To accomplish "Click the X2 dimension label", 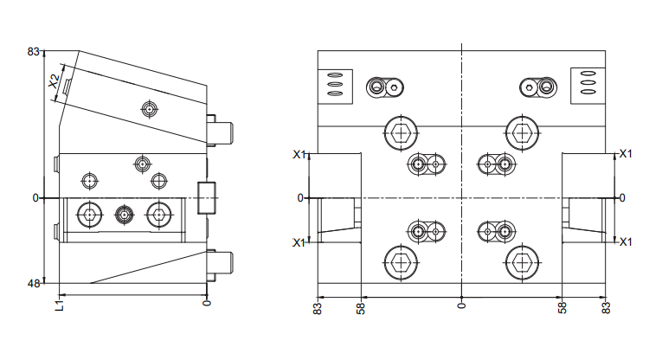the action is tap(54, 80).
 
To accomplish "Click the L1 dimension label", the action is tap(60, 305).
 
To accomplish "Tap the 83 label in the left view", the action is tap(34, 51).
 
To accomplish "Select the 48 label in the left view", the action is tap(34, 283).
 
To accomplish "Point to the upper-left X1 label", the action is tap(299, 154).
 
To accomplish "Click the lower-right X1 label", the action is tap(626, 241).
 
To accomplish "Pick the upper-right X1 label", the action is tap(626, 154).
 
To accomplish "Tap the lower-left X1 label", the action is tap(299, 242).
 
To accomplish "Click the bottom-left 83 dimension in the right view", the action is tap(318, 309).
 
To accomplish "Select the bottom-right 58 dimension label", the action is tap(562, 308).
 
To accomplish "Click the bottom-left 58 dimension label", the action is tap(361, 309).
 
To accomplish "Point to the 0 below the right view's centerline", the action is tap(461, 305).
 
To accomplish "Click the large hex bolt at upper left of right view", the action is tap(401, 133).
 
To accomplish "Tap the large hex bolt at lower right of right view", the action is tap(523, 263).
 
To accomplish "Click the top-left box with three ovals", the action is tap(335, 87).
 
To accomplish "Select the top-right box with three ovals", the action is tap(588, 86).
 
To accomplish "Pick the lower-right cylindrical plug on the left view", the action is tap(220, 265).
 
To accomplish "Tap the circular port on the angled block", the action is tap(149, 109).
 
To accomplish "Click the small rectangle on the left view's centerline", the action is tap(207, 198).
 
